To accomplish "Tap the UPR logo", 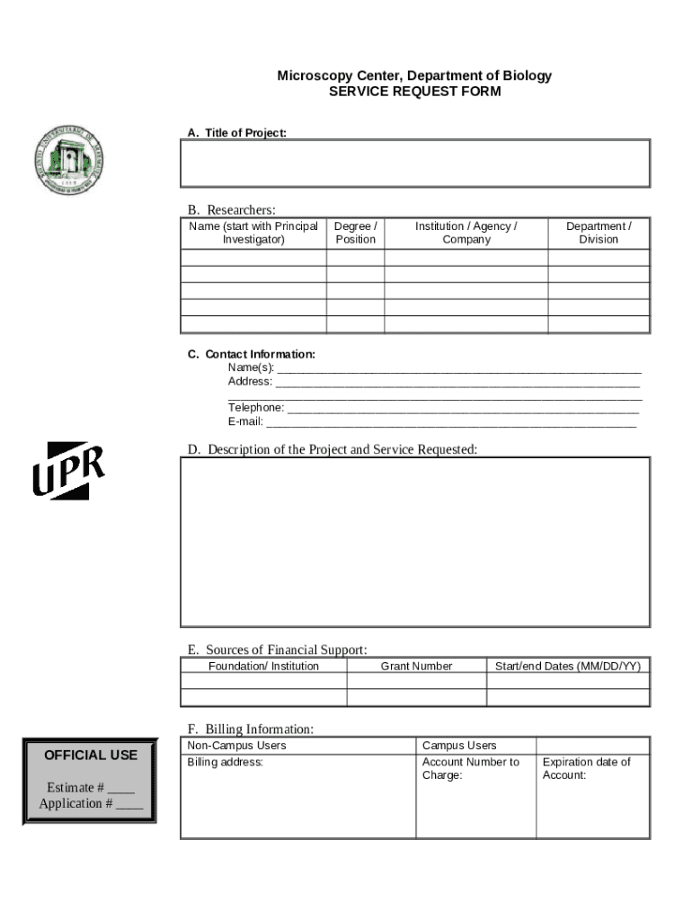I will [x=69, y=471].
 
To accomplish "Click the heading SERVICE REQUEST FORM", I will [x=414, y=92].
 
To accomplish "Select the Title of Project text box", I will [x=415, y=163].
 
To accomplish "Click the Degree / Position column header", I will [x=355, y=233].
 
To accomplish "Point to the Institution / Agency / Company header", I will [x=466, y=233].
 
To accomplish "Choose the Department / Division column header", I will [x=599, y=233].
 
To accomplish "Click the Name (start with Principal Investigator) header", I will [x=253, y=233].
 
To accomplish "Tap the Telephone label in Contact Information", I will [x=256, y=408].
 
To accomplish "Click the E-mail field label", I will [x=245, y=421].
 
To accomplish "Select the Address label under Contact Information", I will [x=250, y=381].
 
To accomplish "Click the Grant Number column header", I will [x=416, y=666].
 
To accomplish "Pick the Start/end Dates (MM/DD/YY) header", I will [x=568, y=666].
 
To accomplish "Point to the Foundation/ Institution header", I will [x=263, y=666].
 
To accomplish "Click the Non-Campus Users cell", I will [x=236, y=746].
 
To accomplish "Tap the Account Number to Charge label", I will [x=470, y=768].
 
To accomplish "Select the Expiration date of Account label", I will [x=586, y=768].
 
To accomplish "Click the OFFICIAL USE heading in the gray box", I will [x=91, y=755].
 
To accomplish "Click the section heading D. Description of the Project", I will [x=332, y=449].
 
